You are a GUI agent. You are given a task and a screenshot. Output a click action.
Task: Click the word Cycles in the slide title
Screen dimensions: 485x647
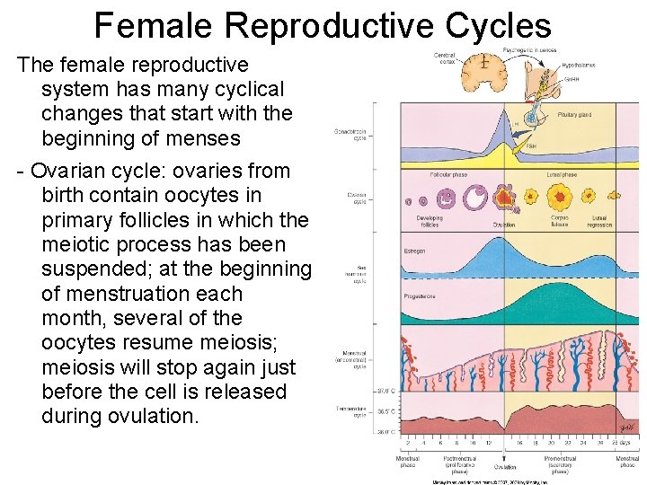(498, 25)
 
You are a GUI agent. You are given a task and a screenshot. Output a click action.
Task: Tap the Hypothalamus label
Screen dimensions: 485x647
(578, 66)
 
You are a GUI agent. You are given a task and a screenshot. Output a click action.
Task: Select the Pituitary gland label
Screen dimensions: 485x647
(574, 115)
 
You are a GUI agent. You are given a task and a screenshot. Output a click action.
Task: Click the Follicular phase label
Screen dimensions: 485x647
(448, 175)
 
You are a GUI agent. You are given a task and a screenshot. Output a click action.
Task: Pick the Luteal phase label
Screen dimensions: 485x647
(562, 175)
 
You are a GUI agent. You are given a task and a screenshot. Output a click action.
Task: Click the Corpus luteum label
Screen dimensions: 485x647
(560, 220)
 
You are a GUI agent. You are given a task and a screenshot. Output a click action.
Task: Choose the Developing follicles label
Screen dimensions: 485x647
(430, 220)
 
